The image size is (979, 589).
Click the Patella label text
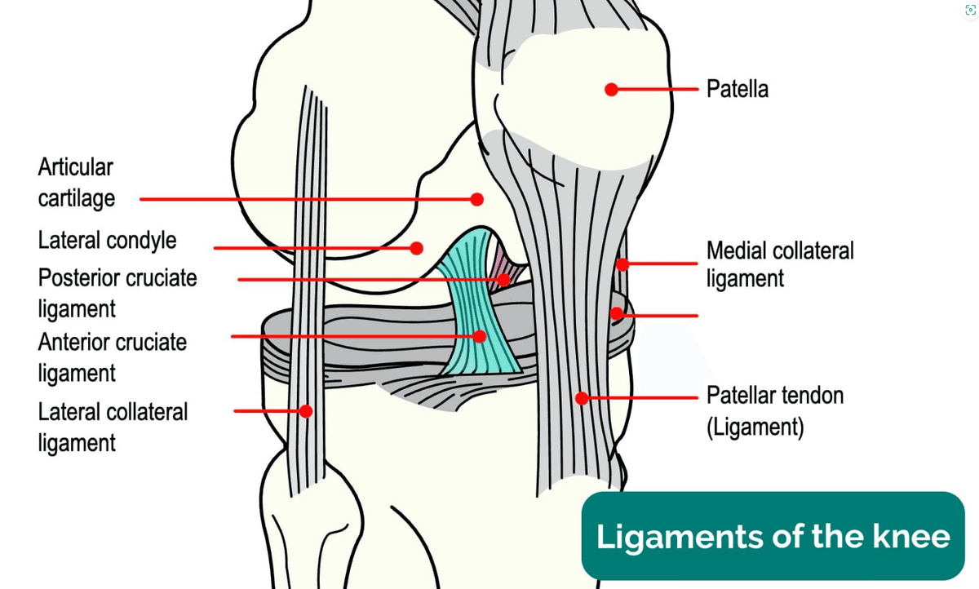click(738, 89)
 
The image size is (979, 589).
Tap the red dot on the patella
click(611, 90)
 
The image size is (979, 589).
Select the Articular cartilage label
click(77, 183)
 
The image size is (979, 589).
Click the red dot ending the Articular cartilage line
click(476, 200)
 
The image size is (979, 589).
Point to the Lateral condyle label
click(107, 241)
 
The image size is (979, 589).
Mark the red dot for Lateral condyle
click(417, 248)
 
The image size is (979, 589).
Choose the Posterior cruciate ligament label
click(117, 293)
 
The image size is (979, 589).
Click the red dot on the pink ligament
click(504, 280)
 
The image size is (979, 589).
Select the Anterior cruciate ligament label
click(113, 357)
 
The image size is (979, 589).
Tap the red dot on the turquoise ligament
click(480, 336)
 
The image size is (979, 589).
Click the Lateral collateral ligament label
click(113, 427)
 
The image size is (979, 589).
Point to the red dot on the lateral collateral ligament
click(306, 411)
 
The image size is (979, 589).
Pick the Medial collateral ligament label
click(780, 264)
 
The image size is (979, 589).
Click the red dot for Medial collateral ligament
click(622, 264)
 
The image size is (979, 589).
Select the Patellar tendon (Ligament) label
click(775, 411)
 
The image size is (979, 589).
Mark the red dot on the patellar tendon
click(582, 398)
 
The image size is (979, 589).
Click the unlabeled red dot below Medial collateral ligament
click(617, 313)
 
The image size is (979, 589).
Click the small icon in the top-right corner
click(970, 10)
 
